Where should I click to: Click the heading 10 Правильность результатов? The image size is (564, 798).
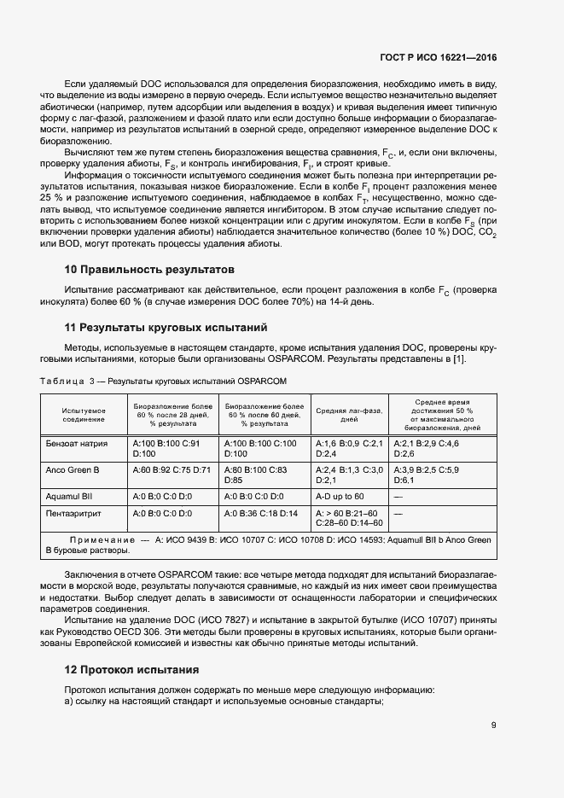[138, 270]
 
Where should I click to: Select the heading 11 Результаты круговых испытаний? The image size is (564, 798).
[154, 328]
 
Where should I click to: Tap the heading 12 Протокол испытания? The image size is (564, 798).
[131, 669]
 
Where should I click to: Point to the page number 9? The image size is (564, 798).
[494, 725]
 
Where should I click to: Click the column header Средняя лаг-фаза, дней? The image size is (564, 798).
[349, 415]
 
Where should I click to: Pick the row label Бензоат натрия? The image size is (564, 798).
[76, 444]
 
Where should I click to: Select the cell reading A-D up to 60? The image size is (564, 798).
[340, 496]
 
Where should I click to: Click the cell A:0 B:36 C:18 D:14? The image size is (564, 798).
[260, 513]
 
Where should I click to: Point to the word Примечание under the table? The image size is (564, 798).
[102, 541]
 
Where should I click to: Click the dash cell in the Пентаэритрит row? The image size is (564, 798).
[397, 513]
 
